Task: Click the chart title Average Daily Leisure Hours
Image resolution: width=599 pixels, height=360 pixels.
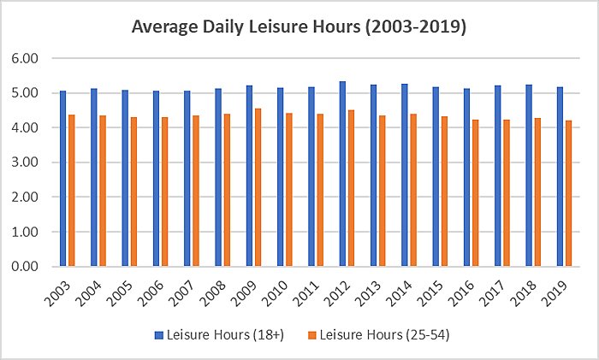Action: click(299, 27)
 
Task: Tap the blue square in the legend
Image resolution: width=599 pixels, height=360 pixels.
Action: click(157, 335)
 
